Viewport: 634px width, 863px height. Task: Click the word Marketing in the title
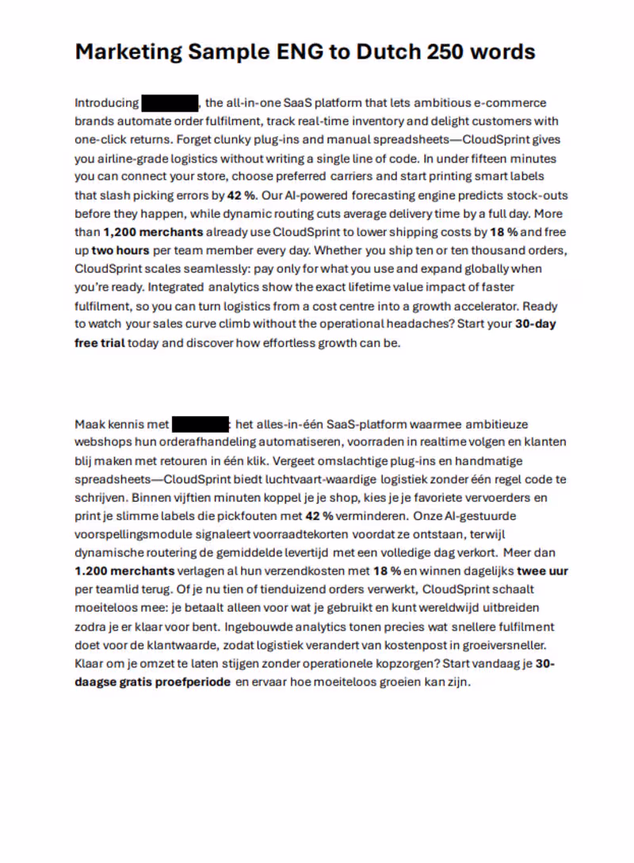pos(127,52)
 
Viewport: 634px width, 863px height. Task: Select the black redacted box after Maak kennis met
pos(201,424)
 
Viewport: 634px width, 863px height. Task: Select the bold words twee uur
pos(543,571)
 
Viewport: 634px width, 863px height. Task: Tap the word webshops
pos(99,442)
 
